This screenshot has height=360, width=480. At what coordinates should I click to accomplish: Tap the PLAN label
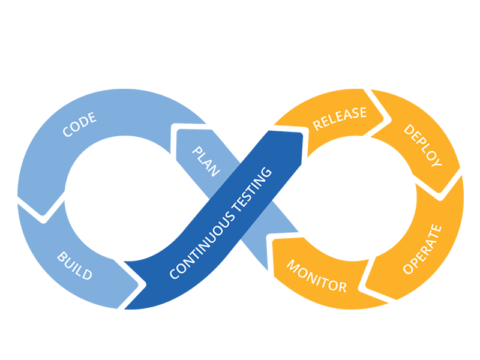[205, 161]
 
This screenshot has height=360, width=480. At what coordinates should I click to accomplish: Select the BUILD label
[74, 266]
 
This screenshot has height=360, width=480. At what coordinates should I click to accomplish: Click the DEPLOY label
[422, 146]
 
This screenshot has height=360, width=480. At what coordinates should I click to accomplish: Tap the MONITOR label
[317, 276]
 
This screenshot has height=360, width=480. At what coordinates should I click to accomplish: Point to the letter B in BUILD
[61, 257]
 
